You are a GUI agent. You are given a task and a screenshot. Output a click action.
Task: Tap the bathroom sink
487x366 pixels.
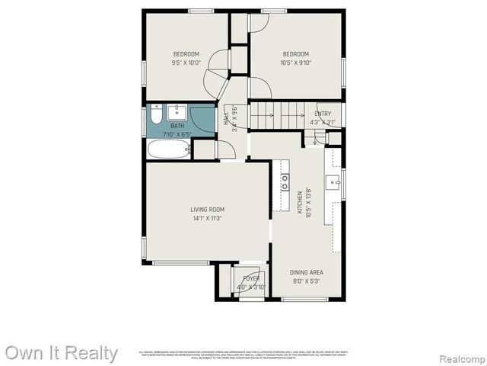click(x=177, y=111)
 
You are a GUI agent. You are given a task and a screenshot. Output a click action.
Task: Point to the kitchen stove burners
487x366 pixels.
click(x=285, y=181)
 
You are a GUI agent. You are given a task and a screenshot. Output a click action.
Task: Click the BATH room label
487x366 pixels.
click(x=177, y=126)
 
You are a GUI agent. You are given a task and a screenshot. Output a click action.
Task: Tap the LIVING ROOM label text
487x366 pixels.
click(x=207, y=210)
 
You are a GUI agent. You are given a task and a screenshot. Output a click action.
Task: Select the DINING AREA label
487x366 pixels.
click(x=307, y=272)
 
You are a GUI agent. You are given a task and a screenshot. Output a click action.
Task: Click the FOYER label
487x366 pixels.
click(x=251, y=279)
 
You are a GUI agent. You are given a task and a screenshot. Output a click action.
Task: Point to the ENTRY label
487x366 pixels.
click(x=323, y=114)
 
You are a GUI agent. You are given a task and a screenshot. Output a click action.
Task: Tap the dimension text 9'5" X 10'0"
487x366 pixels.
click(x=186, y=63)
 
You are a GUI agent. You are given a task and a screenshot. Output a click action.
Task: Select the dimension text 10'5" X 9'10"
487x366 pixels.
click(x=296, y=63)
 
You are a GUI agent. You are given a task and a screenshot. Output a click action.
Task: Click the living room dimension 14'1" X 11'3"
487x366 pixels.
click(x=207, y=219)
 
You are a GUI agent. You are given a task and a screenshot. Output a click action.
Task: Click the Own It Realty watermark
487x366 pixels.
click(x=61, y=353)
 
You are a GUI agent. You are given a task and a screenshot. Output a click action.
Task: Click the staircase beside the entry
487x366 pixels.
click(x=279, y=116)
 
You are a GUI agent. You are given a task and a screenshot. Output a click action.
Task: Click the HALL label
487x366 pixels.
click(x=226, y=120)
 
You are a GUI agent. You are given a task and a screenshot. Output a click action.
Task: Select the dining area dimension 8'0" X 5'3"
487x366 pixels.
click(x=307, y=281)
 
